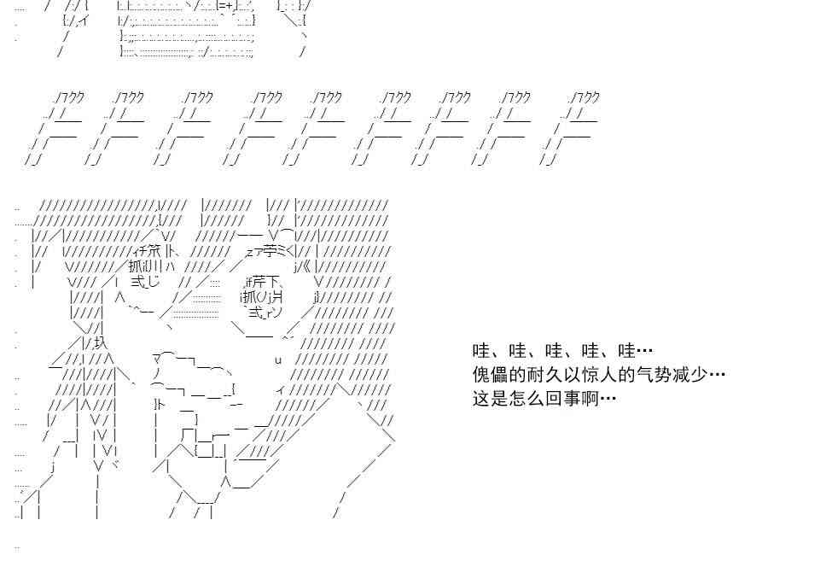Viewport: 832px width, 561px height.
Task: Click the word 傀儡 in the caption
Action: click(489, 374)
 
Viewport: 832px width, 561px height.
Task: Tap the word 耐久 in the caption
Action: click(539, 374)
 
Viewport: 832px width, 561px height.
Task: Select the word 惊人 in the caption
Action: click(590, 374)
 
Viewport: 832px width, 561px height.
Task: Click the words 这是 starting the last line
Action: click(489, 398)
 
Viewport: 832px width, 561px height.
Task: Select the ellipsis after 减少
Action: click(717, 374)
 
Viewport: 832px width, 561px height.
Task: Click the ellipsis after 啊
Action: click(608, 398)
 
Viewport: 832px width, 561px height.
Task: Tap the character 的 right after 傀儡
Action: click(515, 374)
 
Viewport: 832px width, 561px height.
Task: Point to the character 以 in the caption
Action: click(565, 374)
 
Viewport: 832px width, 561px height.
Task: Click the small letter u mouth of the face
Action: click(278, 359)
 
